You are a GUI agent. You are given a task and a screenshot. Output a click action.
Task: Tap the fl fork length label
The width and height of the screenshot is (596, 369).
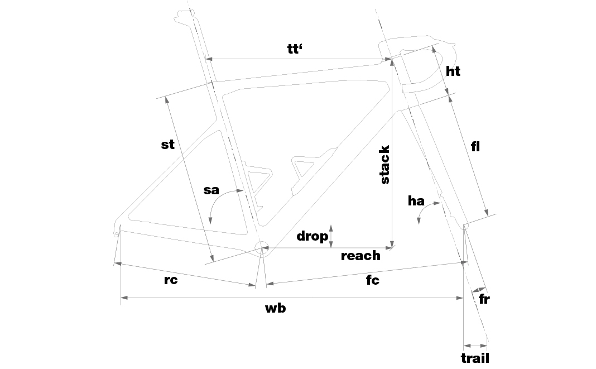pos(475,147)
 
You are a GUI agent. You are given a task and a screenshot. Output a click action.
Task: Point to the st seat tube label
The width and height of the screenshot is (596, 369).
pos(167,145)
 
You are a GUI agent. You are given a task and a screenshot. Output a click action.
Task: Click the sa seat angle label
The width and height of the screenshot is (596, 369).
pos(211,190)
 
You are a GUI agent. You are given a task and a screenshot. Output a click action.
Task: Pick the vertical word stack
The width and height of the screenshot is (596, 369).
pos(384,165)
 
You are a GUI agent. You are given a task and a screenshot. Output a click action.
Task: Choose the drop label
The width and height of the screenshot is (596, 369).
pos(312,236)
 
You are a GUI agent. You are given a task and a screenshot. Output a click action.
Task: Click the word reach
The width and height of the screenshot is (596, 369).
pos(361,256)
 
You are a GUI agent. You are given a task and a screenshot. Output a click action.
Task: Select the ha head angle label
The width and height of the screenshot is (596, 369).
pos(416,201)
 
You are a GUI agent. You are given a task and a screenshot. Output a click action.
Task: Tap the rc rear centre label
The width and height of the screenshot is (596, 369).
pos(171,280)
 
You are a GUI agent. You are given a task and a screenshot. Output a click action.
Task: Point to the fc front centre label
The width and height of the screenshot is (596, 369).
pos(372,280)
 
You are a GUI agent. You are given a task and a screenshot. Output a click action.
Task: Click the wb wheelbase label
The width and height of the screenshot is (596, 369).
pos(275,308)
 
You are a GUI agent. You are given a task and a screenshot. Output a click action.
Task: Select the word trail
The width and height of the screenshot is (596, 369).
pos(475,358)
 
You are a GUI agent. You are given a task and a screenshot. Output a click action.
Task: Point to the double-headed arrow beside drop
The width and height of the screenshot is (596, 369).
pos(331,236)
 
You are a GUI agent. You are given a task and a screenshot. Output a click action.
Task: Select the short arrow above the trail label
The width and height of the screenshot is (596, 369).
pos(475,346)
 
